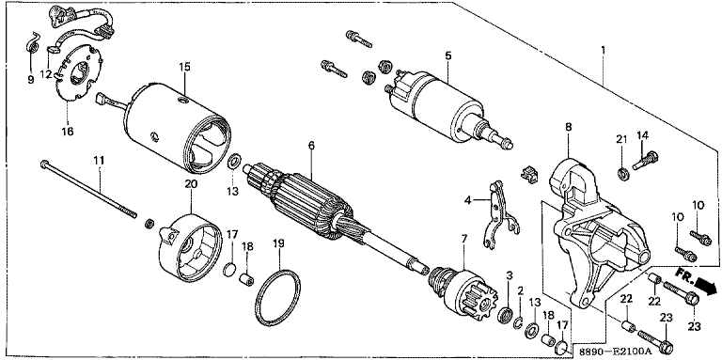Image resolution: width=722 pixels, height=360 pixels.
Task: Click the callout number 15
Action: (x=184, y=68)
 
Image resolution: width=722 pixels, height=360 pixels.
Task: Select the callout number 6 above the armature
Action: (x=311, y=146)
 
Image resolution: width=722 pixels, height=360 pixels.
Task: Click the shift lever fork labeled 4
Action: (x=499, y=215)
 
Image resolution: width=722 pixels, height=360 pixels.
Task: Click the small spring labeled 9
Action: (x=31, y=44)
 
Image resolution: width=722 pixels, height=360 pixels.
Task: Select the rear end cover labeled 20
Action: (x=189, y=249)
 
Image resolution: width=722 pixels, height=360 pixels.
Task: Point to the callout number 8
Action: (x=568, y=128)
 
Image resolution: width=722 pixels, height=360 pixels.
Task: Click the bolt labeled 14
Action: (x=645, y=160)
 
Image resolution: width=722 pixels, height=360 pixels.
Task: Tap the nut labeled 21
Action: (x=622, y=174)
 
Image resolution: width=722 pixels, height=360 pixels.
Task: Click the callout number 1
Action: (x=604, y=49)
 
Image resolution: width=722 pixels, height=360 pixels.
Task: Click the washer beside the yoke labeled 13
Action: (x=233, y=163)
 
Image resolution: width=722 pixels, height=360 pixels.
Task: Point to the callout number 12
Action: (x=46, y=73)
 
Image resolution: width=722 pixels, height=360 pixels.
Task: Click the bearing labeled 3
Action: (x=506, y=315)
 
